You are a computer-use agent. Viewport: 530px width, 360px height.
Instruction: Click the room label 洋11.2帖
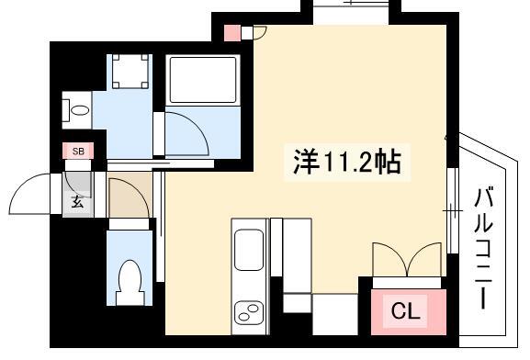347,162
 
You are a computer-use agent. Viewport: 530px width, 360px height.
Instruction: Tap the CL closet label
406,310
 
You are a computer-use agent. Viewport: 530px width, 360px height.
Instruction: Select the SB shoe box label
78,152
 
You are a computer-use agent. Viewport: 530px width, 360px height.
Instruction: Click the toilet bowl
130,282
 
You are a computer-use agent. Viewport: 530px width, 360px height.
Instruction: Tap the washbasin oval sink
80,110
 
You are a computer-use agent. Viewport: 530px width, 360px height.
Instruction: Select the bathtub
203,80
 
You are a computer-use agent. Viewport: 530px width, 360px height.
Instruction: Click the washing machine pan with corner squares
130,71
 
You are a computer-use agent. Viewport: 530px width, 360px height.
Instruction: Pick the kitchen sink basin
249,250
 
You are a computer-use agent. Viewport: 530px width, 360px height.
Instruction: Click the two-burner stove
249,312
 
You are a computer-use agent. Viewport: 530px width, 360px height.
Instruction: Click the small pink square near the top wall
232,33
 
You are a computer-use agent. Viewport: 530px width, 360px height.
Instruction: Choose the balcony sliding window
453,210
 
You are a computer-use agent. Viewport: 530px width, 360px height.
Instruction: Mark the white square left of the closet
335,314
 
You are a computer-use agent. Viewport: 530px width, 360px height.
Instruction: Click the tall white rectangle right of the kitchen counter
297,255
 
